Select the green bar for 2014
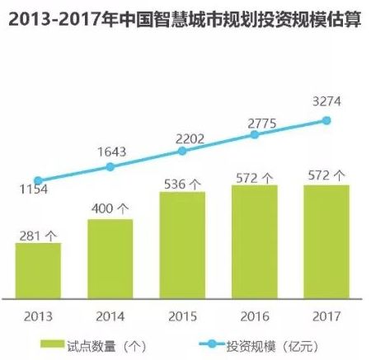click(110, 259)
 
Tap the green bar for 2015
click(182, 245)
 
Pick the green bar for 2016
click(255, 242)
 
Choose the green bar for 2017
click(326, 242)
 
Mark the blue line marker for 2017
click(326, 120)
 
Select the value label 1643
click(110, 151)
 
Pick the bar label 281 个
click(38, 234)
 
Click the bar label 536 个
click(182, 183)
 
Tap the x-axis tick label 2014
click(110, 316)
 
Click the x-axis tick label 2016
click(255, 316)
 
